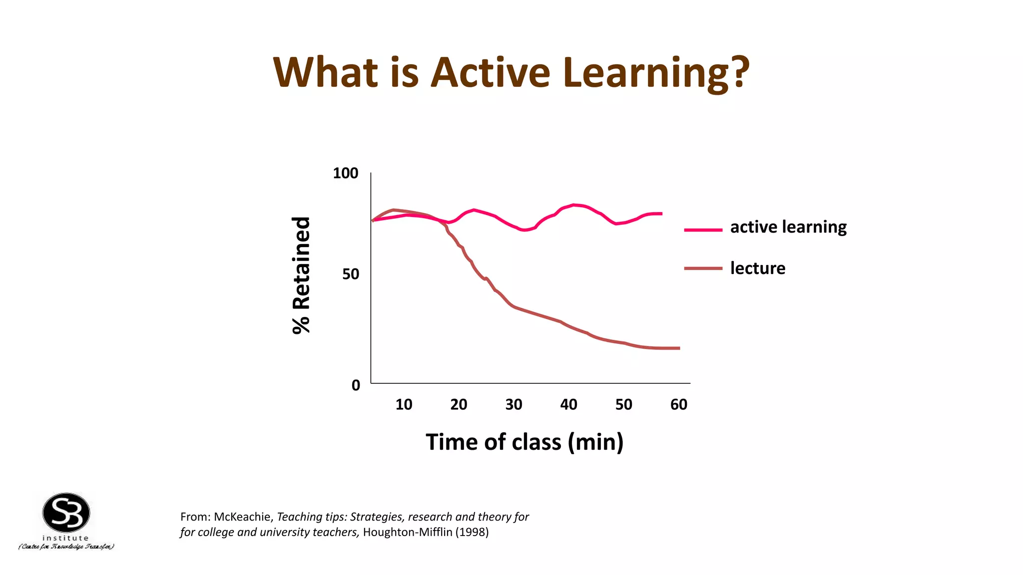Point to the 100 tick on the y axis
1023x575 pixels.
click(x=345, y=174)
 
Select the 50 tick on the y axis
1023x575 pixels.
click(x=350, y=275)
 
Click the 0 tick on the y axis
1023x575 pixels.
click(x=356, y=385)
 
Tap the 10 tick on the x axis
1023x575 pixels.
click(x=404, y=405)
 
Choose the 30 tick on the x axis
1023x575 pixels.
click(x=513, y=405)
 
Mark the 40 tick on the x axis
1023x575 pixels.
click(x=568, y=405)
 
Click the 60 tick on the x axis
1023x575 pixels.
click(x=678, y=405)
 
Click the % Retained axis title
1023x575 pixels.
click(x=301, y=276)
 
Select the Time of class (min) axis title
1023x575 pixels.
click(x=524, y=442)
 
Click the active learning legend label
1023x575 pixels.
click(x=788, y=227)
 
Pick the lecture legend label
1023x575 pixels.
click(x=757, y=269)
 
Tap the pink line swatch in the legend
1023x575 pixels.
click(x=703, y=230)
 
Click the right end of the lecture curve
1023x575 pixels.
click(x=678, y=348)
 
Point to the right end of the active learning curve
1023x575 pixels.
click(x=661, y=214)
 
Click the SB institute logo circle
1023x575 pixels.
click(x=66, y=513)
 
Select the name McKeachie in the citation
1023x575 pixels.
click(x=242, y=517)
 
